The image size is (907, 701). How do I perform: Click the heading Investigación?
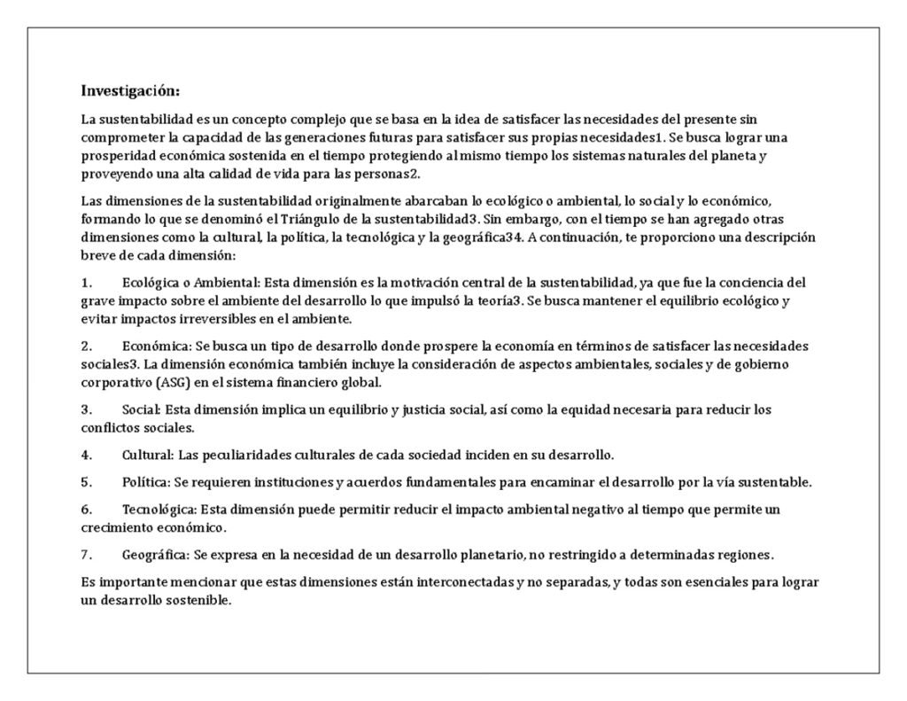point(130,90)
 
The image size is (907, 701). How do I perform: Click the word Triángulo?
point(302,218)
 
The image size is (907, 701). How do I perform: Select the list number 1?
point(87,283)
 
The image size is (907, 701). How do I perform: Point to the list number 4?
point(87,455)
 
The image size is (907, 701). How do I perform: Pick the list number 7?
point(87,556)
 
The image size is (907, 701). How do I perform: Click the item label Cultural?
point(148,455)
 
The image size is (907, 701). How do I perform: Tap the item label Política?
point(146,482)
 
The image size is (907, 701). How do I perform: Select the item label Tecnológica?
point(159,510)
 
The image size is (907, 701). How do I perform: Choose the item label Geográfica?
point(156,556)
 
